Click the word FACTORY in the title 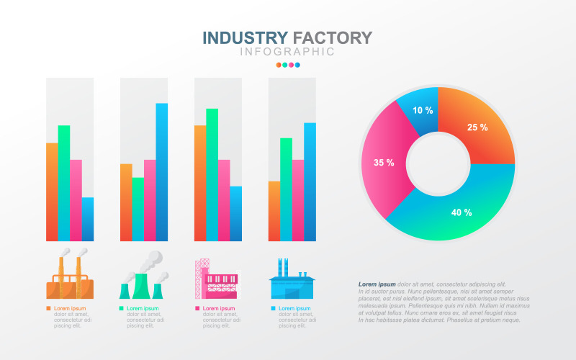[x=333, y=37]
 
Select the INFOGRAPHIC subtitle [x=287, y=52]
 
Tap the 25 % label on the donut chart [x=477, y=127]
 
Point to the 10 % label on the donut [x=423, y=110]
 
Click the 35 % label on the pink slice [x=384, y=163]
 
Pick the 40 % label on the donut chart [x=462, y=212]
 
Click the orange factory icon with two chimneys [x=70, y=277]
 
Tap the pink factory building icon [x=216, y=280]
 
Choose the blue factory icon [x=292, y=282]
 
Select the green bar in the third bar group [x=212, y=174]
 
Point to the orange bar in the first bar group [x=52, y=192]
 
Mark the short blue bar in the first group [x=88, y=219]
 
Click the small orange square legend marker [x=48, y=308]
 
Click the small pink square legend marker [x=197, y=308]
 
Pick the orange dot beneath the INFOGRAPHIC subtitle [x=279, y=65]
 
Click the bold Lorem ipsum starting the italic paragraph [x=377, y=284]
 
